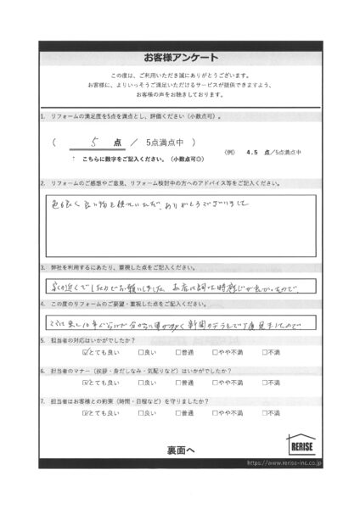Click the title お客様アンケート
coord(180,57)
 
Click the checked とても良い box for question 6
coord(86,382)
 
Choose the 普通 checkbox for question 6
coord(178,382)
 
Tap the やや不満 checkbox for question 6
coord(219,382)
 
